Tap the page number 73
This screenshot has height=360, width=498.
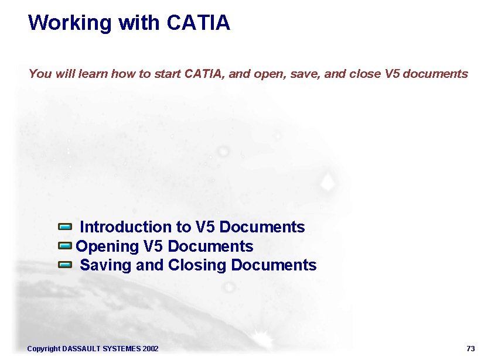point(470,349)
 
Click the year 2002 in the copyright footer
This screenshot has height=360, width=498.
point(150,349)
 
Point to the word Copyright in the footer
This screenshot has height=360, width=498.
point(43,349)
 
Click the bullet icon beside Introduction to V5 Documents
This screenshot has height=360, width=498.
point(65,226)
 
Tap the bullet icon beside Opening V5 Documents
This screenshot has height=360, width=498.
point(65,245)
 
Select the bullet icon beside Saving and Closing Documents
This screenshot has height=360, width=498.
point(65,265)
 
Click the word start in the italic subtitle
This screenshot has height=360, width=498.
point(168,74)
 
